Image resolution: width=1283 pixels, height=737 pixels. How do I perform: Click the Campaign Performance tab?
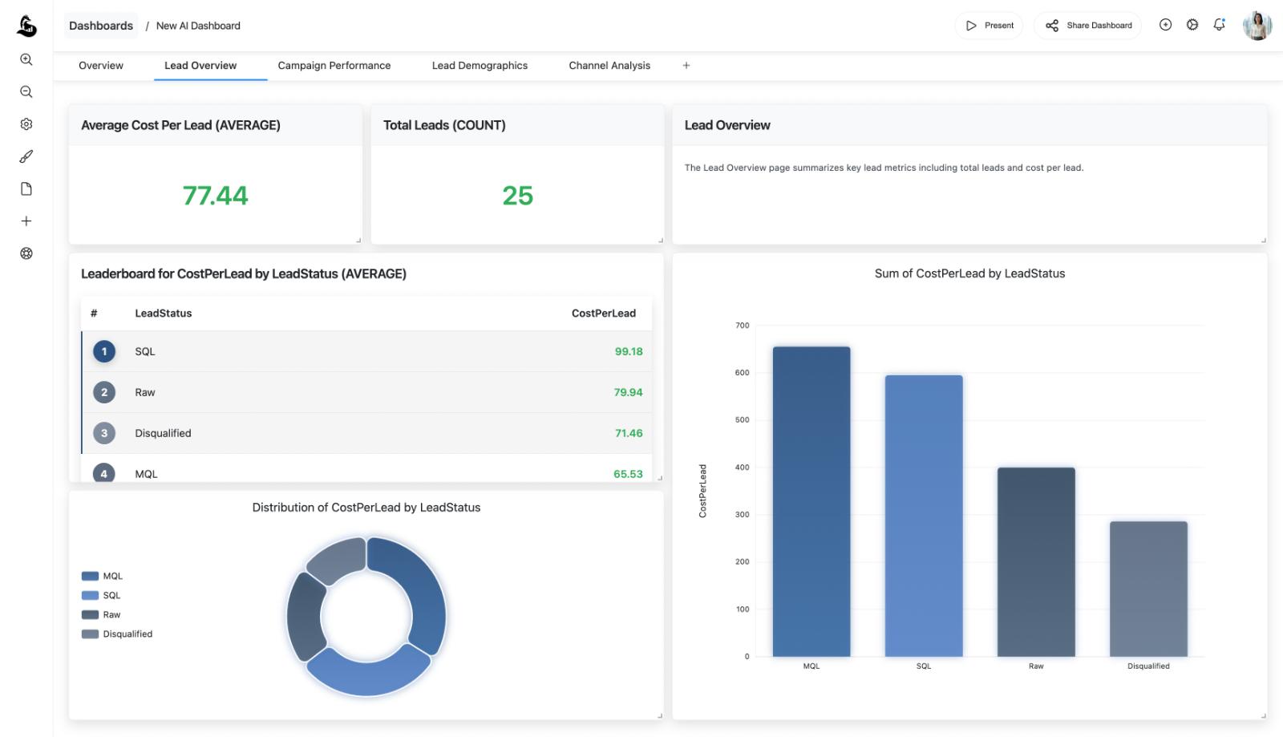click(x=334, y=66)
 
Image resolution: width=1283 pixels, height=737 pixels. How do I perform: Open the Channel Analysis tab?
click(x=609, y=66)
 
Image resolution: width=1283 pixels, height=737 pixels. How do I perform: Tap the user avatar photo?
click(x=1257, y=26)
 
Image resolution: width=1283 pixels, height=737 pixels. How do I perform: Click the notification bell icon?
click(x=1219, y=25)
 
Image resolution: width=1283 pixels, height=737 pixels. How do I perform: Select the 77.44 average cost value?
click(x=215, y=196)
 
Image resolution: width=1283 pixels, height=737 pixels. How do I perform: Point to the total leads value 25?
click(x=517, y=196)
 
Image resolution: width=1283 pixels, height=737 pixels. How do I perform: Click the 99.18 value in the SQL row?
click(x=628, y=351)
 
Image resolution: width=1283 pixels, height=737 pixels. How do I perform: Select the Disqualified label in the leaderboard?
click(x=163, y=433)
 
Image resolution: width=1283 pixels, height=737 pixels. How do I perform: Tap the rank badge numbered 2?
click(x=104, y=392)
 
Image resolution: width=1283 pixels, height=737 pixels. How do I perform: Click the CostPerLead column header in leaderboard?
click(x=603, y=314)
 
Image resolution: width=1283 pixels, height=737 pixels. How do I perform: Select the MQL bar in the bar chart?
click(x=811, y=501)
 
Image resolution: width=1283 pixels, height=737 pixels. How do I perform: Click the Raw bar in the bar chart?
click(x=1035, y=561)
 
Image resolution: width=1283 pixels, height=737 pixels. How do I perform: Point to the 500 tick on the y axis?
click(x=742, y=420)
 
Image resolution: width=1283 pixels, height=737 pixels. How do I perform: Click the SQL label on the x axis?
click(x=923, y=666)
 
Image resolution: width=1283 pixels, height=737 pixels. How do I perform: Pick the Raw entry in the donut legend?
click(x=111, y=615)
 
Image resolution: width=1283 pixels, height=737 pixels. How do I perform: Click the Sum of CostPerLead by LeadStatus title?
click(x=969, y=273)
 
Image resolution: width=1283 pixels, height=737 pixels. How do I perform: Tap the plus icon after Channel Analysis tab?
click(x=686, y=66)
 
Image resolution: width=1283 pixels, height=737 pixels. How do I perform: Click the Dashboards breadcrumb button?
click(x=101, y=26)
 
